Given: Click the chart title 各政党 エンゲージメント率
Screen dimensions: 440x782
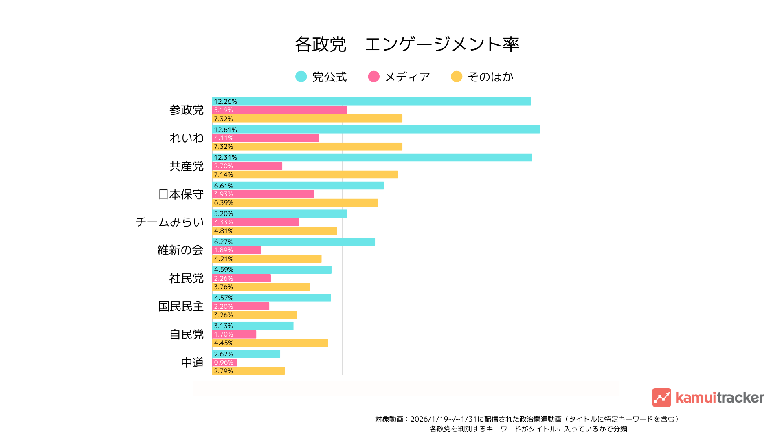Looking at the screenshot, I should click(x=407, y=44).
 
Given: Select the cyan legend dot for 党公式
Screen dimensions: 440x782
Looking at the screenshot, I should click(x=301, y=77).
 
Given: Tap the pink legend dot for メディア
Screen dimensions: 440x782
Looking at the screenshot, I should click(x=373, y=77).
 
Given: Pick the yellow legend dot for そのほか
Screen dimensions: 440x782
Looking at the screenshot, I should click(x=457, y=77).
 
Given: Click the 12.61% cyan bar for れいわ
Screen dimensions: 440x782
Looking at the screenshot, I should click(x=376, y=130).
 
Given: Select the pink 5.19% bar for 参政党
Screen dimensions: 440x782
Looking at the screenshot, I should click(x=279, y=110).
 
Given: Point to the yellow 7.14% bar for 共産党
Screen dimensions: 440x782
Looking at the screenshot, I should click(x=305, y=175).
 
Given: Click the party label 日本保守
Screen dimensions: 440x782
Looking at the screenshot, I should click(x=181, y=194).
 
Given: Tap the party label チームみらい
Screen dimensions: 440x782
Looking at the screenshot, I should click(x=169, y=222).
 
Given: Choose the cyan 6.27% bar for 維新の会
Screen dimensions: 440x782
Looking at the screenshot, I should click(x=293, y=242).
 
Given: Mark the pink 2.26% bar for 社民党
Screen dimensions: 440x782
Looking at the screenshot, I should click(x=242, y=278).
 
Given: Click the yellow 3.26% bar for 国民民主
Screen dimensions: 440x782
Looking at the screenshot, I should click(x=255, y=315).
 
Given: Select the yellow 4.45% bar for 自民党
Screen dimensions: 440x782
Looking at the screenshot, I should click(x=270, y=343).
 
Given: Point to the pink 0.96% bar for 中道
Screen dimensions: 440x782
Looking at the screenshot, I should click(x=224, y=363).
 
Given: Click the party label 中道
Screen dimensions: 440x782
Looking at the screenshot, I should click(x=192, y=363).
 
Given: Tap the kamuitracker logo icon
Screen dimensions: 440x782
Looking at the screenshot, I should click(x=661, y=398).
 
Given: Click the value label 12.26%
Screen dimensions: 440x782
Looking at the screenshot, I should click(x=225, y=102).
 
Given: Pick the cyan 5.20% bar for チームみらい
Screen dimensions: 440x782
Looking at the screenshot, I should click(x=279, y=214).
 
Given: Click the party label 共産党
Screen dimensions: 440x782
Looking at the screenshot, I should click(x=187, y=166).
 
